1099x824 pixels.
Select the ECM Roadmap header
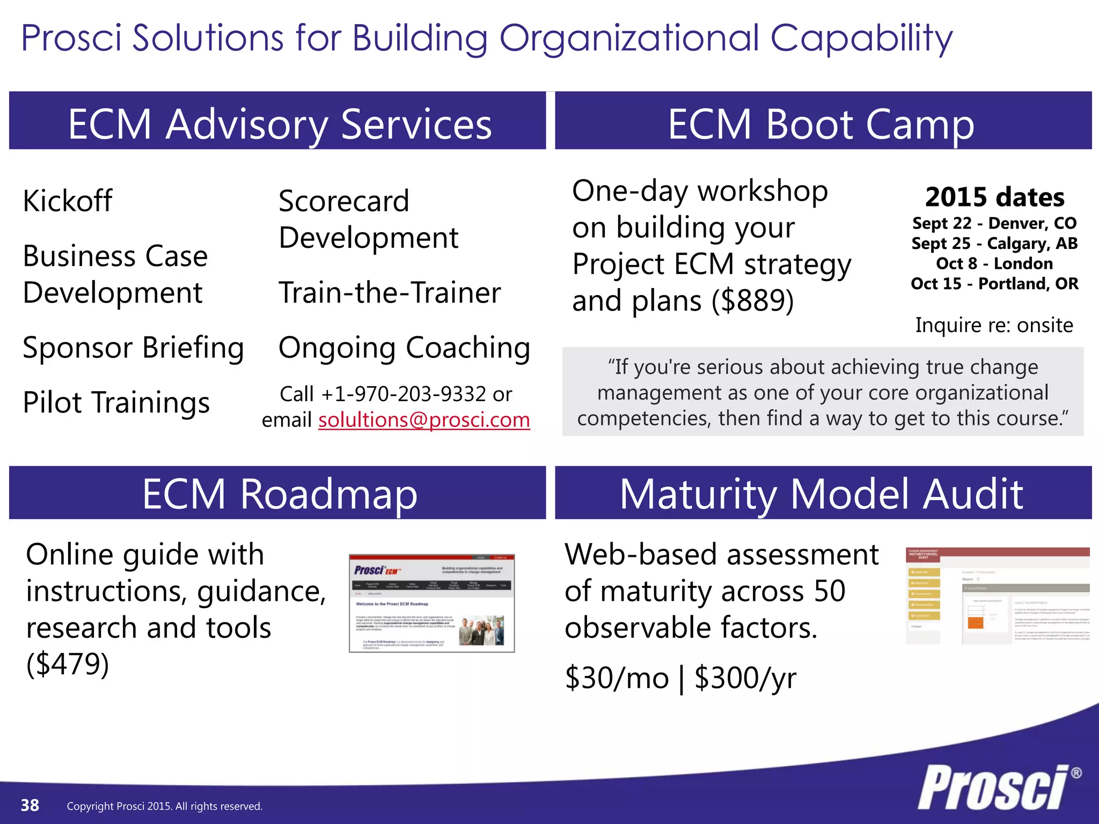(279, 494)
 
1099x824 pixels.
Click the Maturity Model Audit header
(821, 494)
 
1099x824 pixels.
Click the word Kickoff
(68, 201)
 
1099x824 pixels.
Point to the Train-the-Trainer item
(390, 293)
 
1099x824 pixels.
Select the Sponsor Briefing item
(133, 348)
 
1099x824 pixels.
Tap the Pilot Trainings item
(116, 402)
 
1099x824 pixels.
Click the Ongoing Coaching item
(404, 348)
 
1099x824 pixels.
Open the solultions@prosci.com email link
(424, 420)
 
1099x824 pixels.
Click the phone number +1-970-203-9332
(404, 394)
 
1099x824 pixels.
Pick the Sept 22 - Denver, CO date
(994, 223)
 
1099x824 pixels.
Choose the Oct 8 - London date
(994, 263)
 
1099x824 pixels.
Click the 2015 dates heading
(994, 197)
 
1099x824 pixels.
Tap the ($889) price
(752, 300)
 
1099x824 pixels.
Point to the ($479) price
(68, 664)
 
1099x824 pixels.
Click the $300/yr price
(745, 678)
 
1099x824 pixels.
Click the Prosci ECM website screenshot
(431, 604)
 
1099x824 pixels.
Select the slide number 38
(30, 805)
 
